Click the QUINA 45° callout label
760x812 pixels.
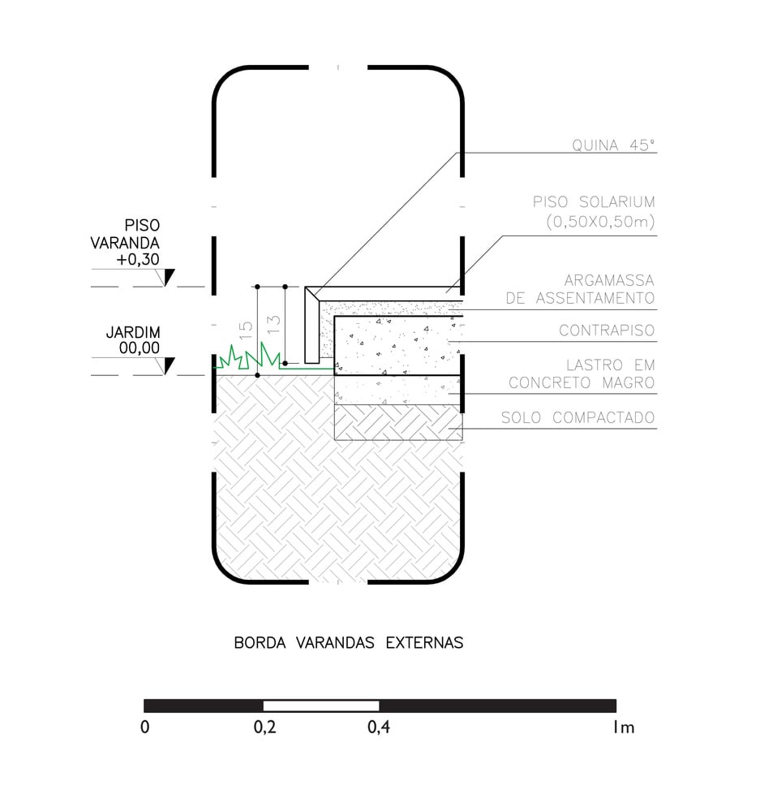point(613,145)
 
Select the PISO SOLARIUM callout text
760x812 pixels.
point(594,212)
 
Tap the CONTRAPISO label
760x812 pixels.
point(607,330)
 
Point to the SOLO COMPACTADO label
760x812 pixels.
point(578,417)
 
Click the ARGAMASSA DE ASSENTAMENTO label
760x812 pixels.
point(580,290)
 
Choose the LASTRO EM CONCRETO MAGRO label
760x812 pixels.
point(582,374)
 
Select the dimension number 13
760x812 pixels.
point(273,324)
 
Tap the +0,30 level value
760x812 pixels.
point(138,260)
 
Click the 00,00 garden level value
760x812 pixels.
point(140,348)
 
